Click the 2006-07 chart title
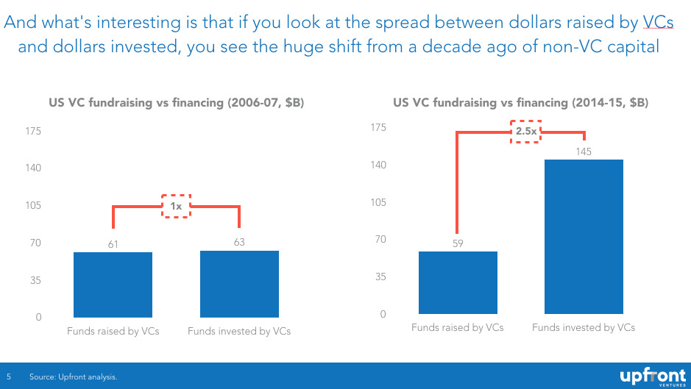(x=177, y=103)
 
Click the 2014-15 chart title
(x=521, y=103)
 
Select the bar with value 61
(x=113, y=285)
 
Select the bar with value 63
(x=239, y=284)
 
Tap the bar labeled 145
(x=584, y=237)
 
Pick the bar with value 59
(x=458, y=282)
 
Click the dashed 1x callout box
(x=176, y=206)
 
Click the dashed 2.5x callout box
(x=526, y=132)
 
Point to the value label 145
(x=584, y=151)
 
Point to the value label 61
(x=113, y=243)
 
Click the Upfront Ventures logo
(x=653, y=376)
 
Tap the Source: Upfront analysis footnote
(x=73, y=376)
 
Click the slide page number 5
(x=9, y=376)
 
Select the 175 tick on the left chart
(x=33, y=131)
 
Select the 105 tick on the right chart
(x=378, y=202)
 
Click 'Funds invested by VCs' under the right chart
(x=584, y=327)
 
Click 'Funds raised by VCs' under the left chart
(x=113, y=331)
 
